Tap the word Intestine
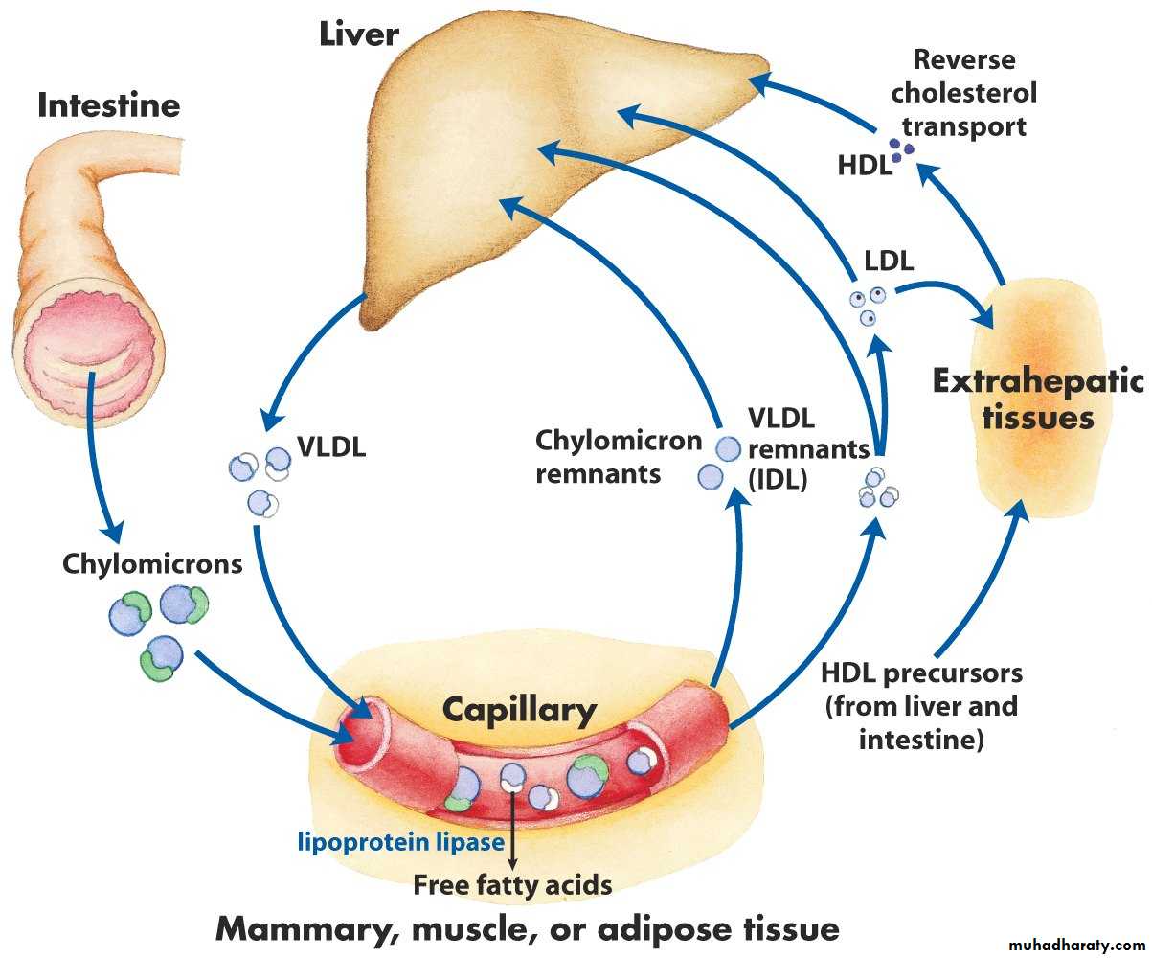tap(108, 104)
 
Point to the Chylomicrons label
tap(152, 563)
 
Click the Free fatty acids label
tap(512, 884)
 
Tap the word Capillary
tap(519, 710)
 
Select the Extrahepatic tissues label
tap(1037, 399)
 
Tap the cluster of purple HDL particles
tap(900, 148)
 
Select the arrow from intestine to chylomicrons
tap(99, 450)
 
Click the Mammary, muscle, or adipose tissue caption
tap(527, 928)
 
